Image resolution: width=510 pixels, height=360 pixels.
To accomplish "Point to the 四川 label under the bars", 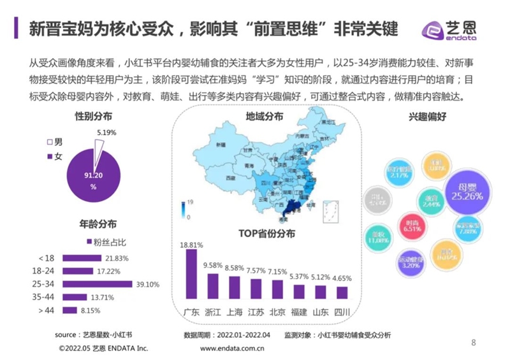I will tap(342, 312).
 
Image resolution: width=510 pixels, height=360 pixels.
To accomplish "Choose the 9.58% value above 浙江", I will tap(213, 264).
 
